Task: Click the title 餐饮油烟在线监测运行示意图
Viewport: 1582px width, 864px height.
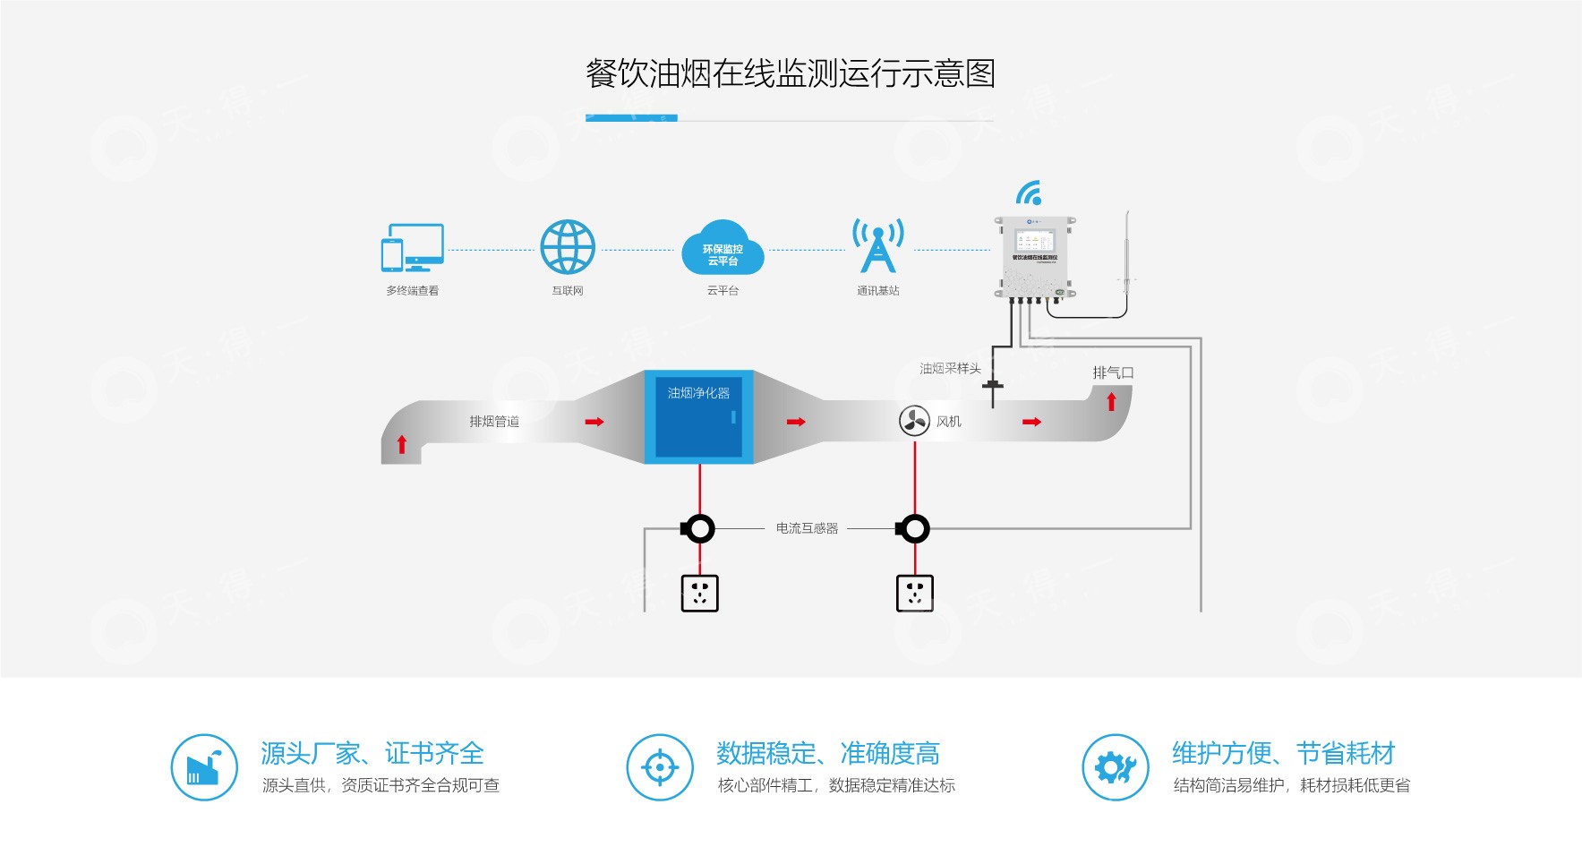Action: (x=790, y=73)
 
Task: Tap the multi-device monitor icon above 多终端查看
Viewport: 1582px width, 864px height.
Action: (x=413, y=247)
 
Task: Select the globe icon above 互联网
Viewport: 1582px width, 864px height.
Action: (x=568, y=247)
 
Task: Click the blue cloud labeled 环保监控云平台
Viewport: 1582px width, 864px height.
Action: (x=723, y=250)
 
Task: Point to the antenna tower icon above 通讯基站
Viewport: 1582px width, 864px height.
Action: (x=877, y=244)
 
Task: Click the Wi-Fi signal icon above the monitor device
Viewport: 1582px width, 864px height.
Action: (x=1030, y=193)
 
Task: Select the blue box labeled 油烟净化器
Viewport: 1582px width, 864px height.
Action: (x=699, y=416)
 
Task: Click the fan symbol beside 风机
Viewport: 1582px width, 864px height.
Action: (x=914, y=421)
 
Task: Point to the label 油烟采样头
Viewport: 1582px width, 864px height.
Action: (x=950, y=368)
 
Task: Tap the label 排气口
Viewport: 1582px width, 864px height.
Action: (x=1113, y=372)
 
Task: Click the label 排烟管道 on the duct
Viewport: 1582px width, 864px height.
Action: (x=494, y=422)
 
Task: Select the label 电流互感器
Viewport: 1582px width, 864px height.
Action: (x=807, y=528)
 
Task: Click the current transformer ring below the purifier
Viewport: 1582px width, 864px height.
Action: (x=698, y=528)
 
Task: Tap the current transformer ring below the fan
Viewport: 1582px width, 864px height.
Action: (x=913, y=528)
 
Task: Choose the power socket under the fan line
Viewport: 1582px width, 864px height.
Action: (x=914, y=593)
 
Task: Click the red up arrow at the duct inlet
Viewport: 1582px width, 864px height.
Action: (x=402, y=444)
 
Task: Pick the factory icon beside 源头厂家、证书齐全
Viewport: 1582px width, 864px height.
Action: (x=204, y=767)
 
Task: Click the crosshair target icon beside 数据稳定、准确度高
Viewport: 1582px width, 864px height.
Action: (x=660, y=767)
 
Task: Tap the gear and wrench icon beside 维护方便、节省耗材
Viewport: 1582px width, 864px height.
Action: (x=1116, y=767)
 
